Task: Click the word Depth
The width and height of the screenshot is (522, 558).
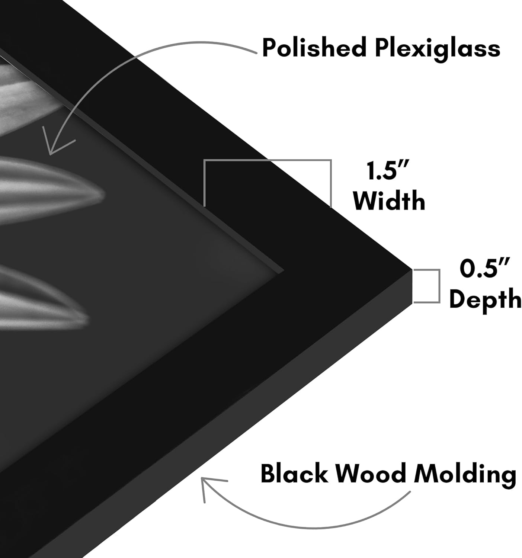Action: click(x=485, y=299)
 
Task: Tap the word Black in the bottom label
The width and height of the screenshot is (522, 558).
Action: click(x=294, y=472)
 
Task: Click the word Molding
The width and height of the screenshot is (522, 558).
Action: click(x=465, y=475)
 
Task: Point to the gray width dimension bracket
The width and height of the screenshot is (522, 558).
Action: click(x=268, y=160)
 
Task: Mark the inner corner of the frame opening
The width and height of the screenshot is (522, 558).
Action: click(x=284, y=270)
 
